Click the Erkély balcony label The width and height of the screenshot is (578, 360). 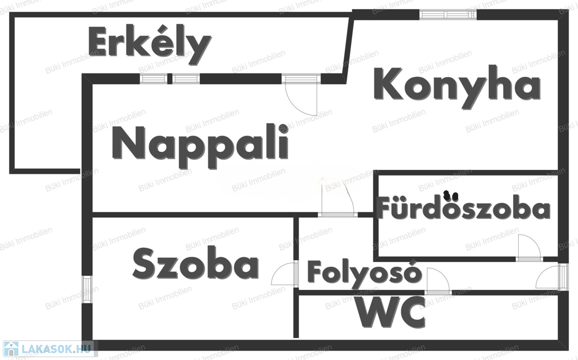pos(150,45)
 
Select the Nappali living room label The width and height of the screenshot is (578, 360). pos(200,146)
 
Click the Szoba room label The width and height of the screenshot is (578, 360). pos(196,264)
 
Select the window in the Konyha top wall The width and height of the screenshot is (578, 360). pos(448,15)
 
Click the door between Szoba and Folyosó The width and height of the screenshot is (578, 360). pos(284,274)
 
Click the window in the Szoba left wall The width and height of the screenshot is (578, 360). pos(87,289)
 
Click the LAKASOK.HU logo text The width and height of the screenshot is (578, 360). pos(56,349)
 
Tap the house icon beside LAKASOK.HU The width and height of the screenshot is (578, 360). pos(11,349)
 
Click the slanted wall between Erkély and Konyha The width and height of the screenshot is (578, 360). pos(348,48)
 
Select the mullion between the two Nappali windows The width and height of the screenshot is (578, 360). pos(169,78)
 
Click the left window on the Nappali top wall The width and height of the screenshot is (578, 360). pos(154,78)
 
